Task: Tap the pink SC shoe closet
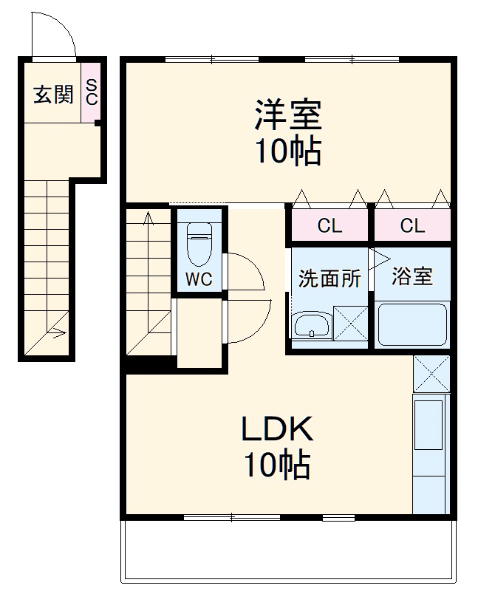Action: pos(91,92)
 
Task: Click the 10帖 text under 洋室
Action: pos(287,151)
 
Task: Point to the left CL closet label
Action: pos(330,226)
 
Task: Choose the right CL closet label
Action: pos(412,226)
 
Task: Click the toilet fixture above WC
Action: pos(199,245)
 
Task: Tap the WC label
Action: pos(198,279)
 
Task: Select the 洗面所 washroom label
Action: pos(330,279)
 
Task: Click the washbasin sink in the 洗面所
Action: pos(312,326)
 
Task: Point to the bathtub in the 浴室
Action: pos(412,325)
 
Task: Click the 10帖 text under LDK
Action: pos(276,465)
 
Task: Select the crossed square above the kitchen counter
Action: pos(431,374)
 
